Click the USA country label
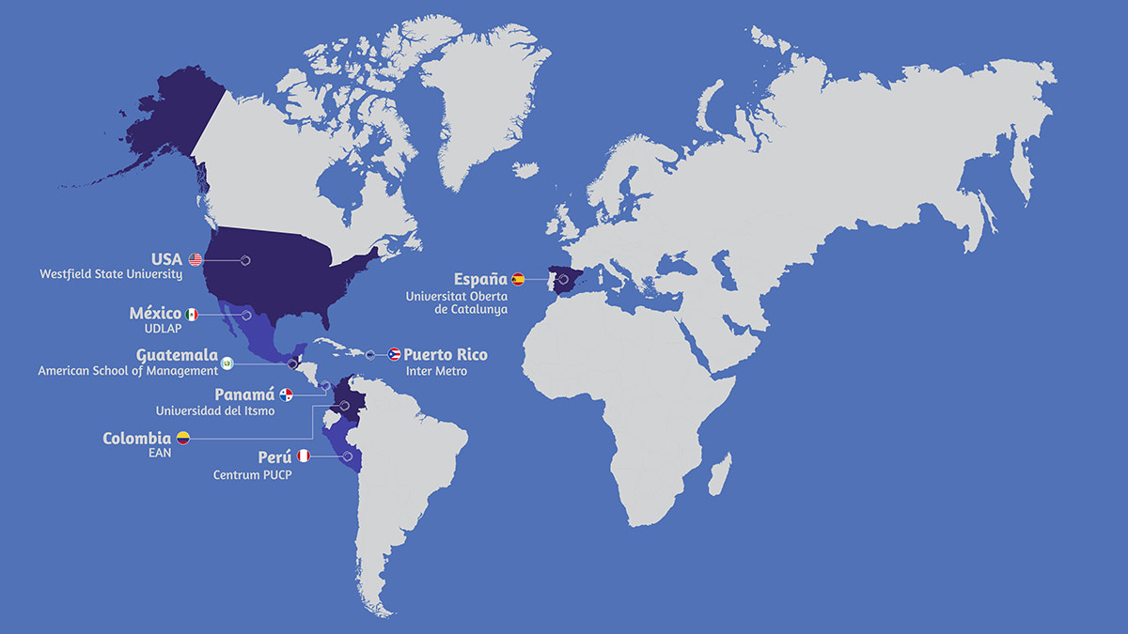(x=167, y=259)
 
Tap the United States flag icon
(x=196, y=260)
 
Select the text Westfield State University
(x=111, y=275)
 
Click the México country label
(x=155, y=314)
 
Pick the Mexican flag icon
(x=192, y=315)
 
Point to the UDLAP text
(x=164, y=330)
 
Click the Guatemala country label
(x=177, y=356)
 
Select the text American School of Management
(x=128, y=371)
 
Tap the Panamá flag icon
(x=287, y=395)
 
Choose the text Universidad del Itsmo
(x=215, y=410)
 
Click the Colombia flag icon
(x=182, y=438)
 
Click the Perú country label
(x=274, y=457)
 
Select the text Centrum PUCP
(x=251, y=474)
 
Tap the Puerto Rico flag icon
(x=395, y=354)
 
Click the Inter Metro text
(x=436, y=371)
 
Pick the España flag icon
(x=518, y=279)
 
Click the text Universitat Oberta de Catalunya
(x=456, y=302)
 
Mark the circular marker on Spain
(x=562, y=280)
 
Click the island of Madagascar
(x=721, y=472)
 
